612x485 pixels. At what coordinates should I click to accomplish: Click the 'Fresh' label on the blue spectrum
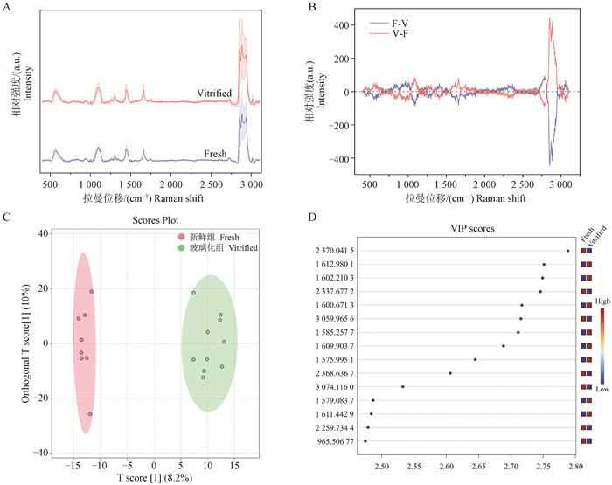pyautogui.click(x=215, y=154)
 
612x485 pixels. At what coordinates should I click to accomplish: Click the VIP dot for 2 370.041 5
pyautogui.click(x=567, y=251)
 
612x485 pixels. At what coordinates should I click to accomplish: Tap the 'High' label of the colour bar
pyautogui.click(x=601, y=300)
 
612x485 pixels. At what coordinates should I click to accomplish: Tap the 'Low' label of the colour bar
pyautogui.click(x=601, y=387)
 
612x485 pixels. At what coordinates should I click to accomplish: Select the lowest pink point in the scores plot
pyautogui.click(x=90, y=414)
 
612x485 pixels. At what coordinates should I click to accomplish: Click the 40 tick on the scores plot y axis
pyautogui.click(x=41, y=233)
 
